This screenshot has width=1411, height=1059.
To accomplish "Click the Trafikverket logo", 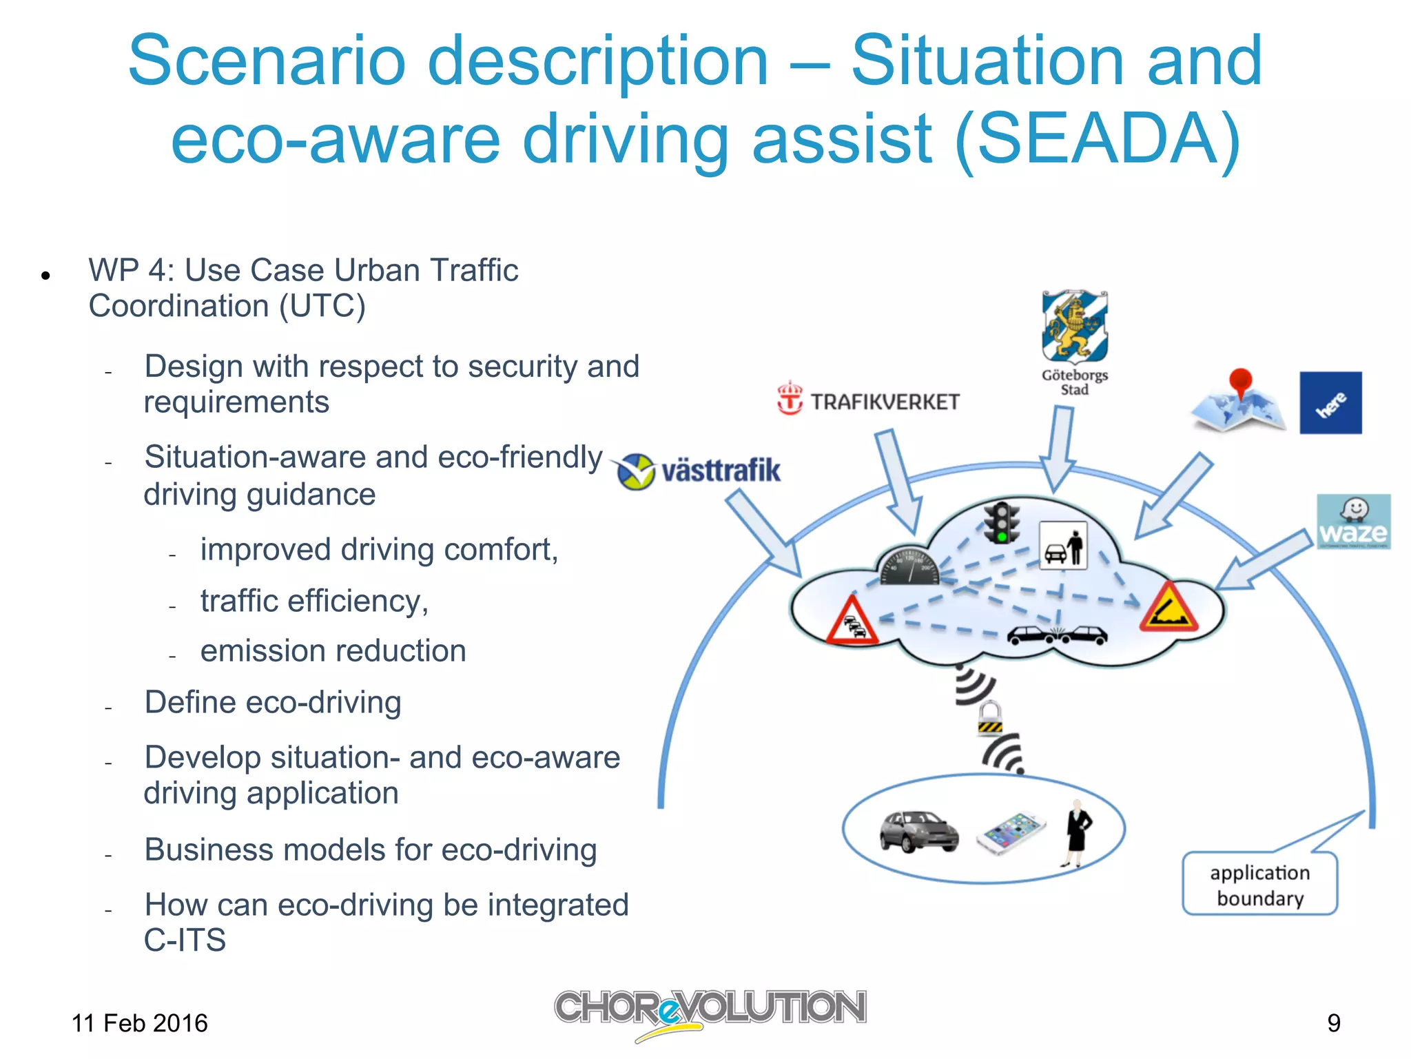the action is pos(868,400).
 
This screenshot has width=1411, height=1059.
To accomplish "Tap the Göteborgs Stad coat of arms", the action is pos(1074,327).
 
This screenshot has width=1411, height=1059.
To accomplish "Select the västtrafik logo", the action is pos(699,471).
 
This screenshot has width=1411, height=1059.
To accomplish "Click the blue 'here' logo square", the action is pos(1330,403).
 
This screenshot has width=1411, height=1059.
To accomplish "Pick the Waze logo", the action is pos(1353,522).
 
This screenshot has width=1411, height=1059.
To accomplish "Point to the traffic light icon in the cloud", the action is pos(1002,522).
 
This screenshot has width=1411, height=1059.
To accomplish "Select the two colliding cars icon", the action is pos(1057,635).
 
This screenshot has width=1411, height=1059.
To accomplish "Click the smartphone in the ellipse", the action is pos(1011,833).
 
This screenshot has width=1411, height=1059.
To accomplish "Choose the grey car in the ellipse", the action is pos(918,832).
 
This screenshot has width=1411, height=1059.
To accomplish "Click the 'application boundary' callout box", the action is pos(1259,885).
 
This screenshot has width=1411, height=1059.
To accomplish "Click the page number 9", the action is pos(1334,1023).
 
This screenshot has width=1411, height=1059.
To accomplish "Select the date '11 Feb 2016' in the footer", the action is pos(139,1023).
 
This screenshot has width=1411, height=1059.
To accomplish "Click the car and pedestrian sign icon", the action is pos(1062,546).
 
